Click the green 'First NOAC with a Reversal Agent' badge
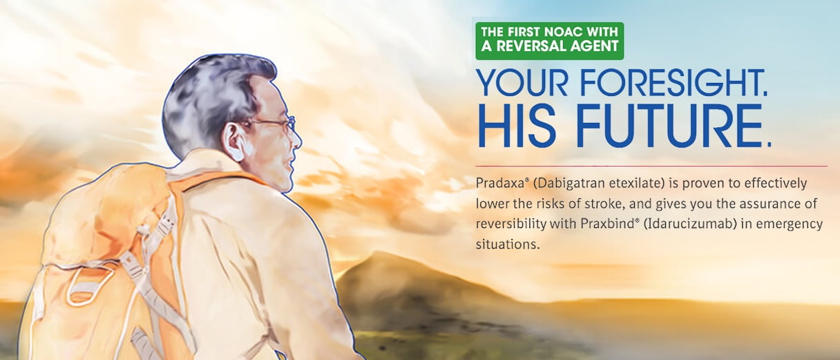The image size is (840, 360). point(549,41)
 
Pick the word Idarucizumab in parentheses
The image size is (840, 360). point(690,224)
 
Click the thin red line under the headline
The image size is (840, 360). point(651,166)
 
